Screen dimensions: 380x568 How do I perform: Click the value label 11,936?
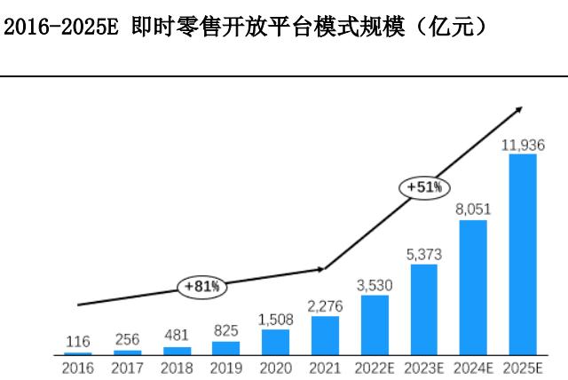pyautogui.click(x=524, y=144)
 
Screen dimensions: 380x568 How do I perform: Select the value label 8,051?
pyautogui.click(x=474, y=210)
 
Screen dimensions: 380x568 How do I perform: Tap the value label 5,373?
pyautogui.click(x=424, y=254)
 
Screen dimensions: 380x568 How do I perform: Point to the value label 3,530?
pyautogui.click(x=375, y=285)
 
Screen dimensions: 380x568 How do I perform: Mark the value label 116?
pyautogui.click(x=77, y=341)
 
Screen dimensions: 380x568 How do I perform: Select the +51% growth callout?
pyautogui.click(x=424, y=187)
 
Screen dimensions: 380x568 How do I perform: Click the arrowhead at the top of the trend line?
pyautogui.click(x=517, y=110)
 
